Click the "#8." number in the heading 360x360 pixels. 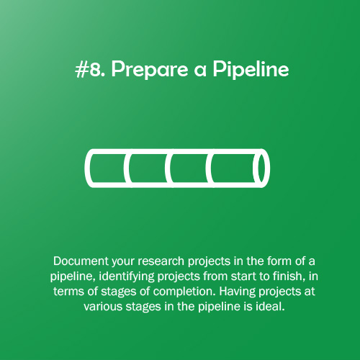pyautogui.click(x=89, y=71)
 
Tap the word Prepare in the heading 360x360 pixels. pyautogui.click(x=140, y=71)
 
